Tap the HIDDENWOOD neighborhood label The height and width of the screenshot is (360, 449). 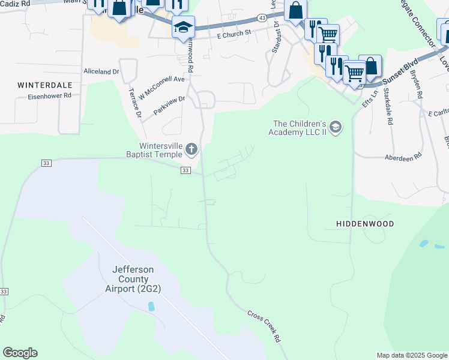364,224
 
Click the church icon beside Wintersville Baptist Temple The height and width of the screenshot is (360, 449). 191,149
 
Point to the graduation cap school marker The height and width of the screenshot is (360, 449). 184,26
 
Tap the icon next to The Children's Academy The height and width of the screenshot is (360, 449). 335,127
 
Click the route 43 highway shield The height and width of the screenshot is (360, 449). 262,19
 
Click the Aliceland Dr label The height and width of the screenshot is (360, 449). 101,71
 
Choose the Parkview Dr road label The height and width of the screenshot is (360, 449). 169,105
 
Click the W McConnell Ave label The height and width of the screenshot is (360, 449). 161,88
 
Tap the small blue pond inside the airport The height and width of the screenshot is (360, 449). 151,306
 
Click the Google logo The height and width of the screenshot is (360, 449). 20,353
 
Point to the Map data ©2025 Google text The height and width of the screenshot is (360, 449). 412,355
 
